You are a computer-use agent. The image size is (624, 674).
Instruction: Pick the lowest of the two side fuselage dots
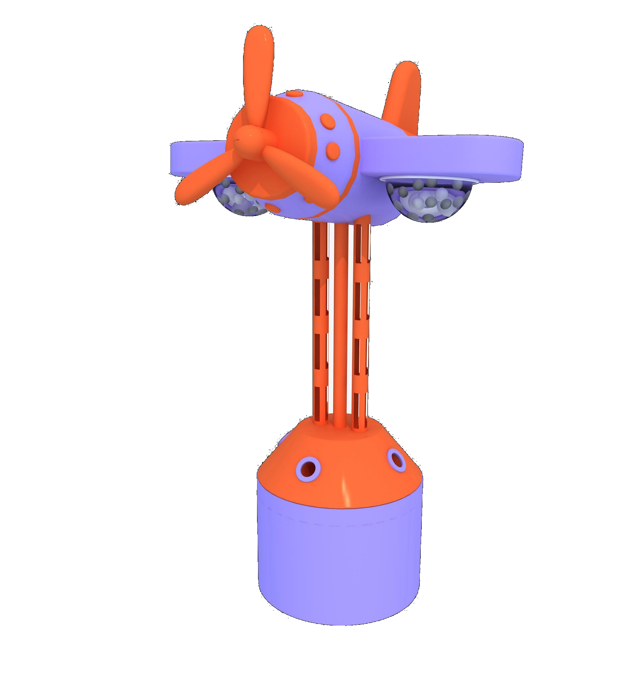[333, 149]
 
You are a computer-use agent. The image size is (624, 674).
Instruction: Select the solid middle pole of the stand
[340, 321]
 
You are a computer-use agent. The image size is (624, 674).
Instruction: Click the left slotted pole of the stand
[321, 321]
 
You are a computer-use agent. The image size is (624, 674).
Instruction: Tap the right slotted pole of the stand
[361, 321]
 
